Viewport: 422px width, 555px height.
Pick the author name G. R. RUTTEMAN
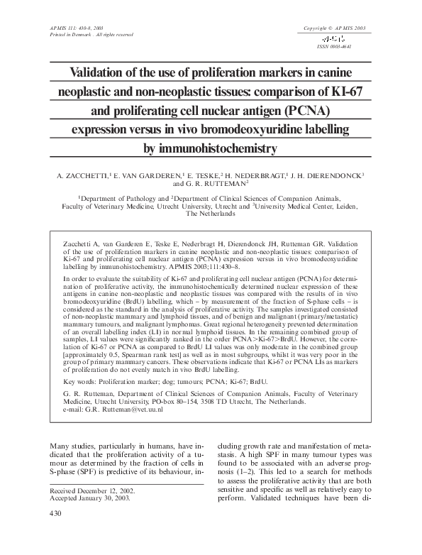coord(216,184)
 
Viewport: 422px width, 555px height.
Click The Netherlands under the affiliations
coord(211,213)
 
